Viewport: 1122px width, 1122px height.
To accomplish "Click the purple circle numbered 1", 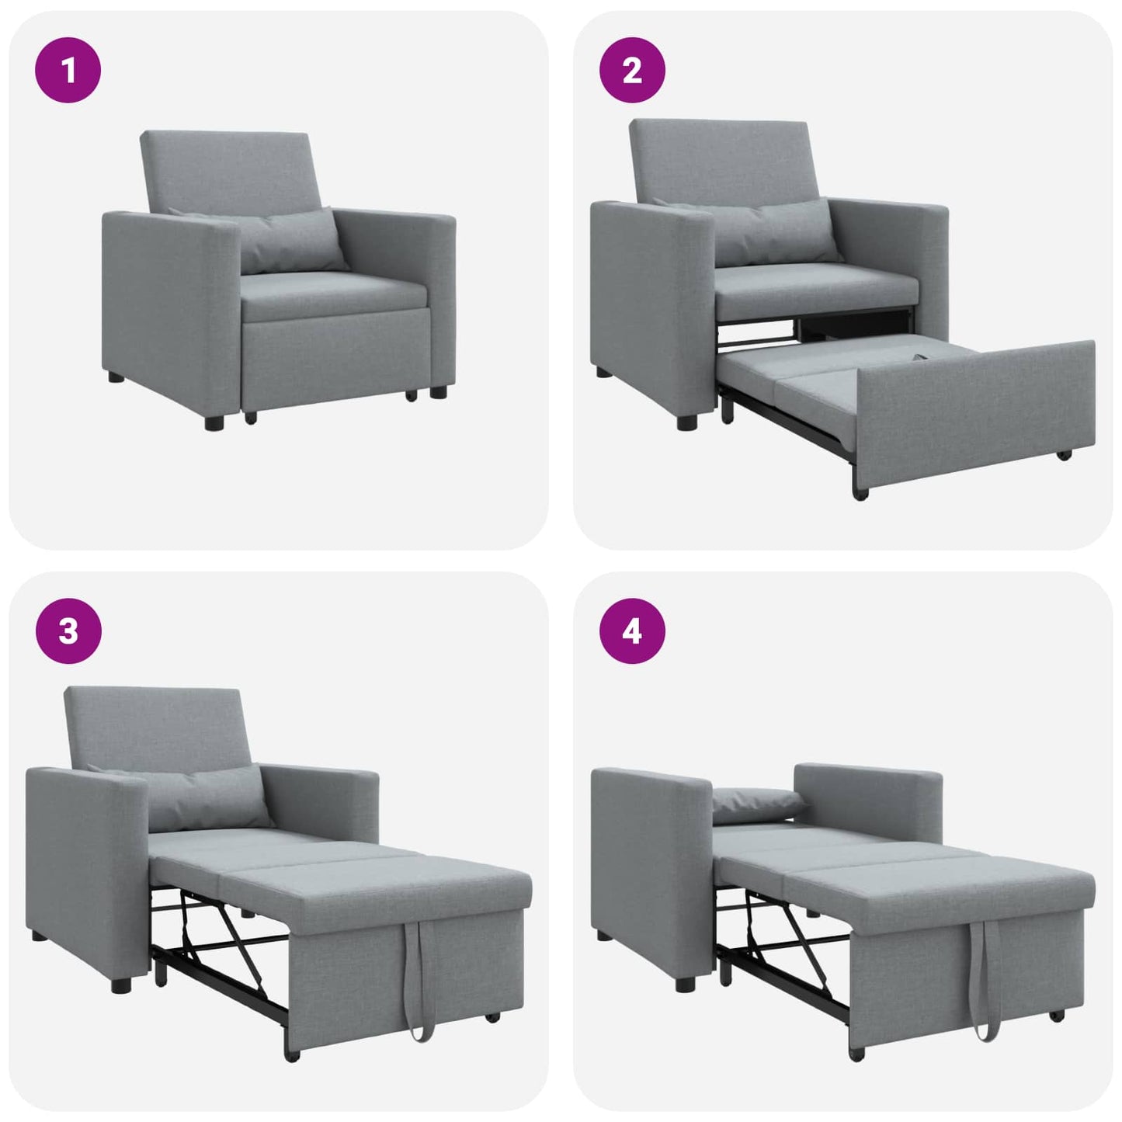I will point(68,70).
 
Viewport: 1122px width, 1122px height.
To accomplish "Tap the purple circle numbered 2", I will point(632,70).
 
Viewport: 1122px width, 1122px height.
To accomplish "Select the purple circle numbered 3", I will point(68,630).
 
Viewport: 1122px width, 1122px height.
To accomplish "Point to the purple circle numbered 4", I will point(632,630).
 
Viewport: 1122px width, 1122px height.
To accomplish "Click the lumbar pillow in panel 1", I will point(291,241).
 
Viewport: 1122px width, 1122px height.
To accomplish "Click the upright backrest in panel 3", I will point(155,726).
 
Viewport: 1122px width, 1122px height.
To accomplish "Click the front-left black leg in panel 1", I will point(214,422).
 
